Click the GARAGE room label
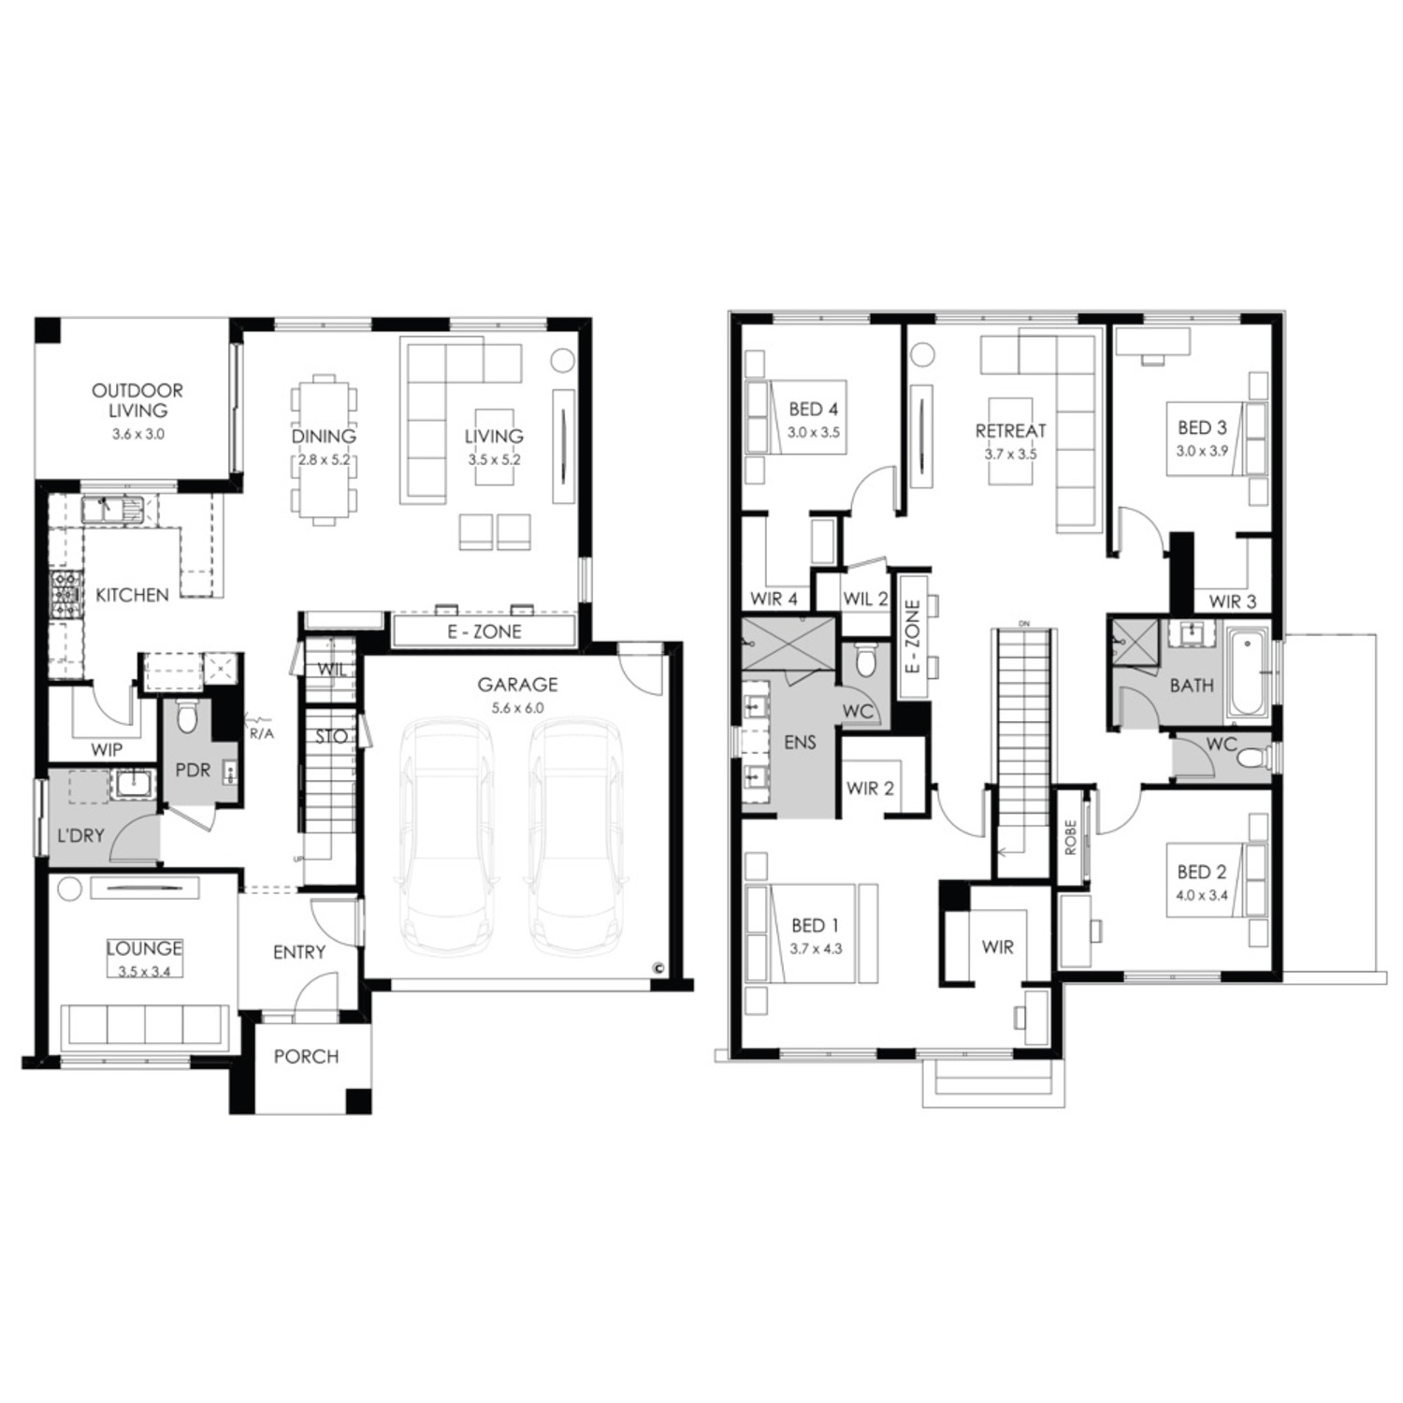[x=517, y=685]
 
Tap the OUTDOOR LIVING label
[x=137, y=399]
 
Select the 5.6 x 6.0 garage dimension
[x=517, y=708]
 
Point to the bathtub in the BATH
[x=1246, y=675]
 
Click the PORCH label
[x=306, y=1056]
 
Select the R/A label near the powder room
[x=262, y=733]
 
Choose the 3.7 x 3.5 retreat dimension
[x=1010, y=454]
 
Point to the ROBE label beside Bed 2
[x=1071, y=837]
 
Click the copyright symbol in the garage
[x=658, y=968]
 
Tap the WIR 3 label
[x=1233, y=601]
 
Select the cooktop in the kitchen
[x=65, y=595]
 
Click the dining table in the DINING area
[x=324, y=450]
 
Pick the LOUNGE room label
[x=144, y=948]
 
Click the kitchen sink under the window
[x=111, y=509]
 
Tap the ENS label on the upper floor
[x=801, y=742]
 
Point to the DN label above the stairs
[x=1024, y=624]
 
